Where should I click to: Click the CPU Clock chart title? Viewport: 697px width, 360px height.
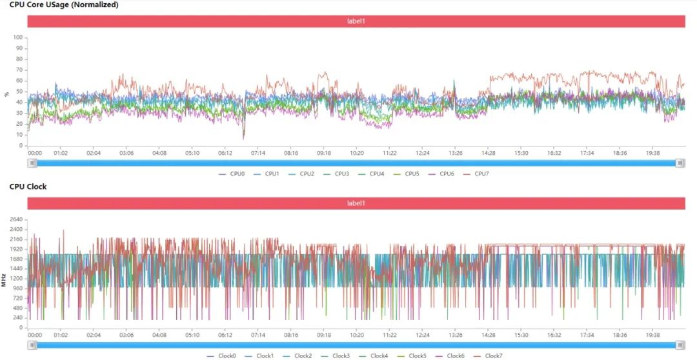28,186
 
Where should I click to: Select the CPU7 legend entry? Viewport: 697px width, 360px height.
481,174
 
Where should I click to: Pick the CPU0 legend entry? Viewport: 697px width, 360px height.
236,174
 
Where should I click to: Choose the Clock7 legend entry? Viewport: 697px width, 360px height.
493,355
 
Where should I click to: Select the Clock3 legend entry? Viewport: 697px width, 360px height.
341,355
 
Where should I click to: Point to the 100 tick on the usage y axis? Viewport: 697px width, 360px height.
18,37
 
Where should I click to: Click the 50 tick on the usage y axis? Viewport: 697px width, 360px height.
19,92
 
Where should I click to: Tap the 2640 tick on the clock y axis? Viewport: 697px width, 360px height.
15,219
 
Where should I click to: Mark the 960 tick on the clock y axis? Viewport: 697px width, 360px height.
17,288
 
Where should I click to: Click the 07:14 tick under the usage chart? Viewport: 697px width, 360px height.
258,154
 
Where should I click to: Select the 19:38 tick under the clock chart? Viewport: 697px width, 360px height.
653,335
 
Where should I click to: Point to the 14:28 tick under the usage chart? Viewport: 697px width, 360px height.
489,154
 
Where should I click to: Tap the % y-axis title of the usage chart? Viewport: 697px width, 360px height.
7,93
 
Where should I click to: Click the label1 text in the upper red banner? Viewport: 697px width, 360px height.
356,21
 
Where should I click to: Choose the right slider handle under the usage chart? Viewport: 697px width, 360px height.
680,163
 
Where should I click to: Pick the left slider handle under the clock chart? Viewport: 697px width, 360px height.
31,345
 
